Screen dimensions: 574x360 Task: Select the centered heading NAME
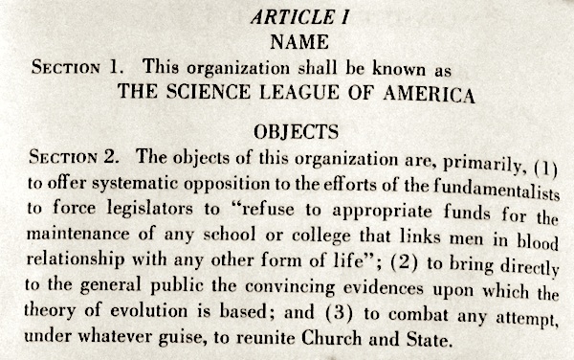coord(286,43)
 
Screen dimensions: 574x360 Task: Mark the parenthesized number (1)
coord(542,154)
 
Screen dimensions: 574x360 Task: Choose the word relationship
coord(76,260)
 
